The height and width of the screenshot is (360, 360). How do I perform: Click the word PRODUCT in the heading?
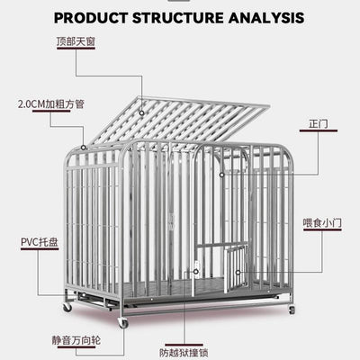pos(91,18)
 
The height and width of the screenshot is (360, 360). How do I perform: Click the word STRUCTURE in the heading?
pos(178,18)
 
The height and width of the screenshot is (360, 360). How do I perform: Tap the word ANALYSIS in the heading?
pos(266,18)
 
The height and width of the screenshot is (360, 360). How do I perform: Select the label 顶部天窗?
pos(76,41)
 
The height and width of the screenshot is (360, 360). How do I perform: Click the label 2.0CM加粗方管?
pos(51,104)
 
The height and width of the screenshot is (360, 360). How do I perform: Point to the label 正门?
pos(319,123)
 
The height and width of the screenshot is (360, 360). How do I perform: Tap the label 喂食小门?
pos(322,223)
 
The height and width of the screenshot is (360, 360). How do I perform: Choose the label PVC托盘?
pos(40,242)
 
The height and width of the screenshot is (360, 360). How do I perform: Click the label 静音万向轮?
pos(76,340)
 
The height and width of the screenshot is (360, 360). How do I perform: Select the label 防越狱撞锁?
pos(184,353)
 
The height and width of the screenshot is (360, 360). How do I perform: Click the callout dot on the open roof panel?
pos(141,113)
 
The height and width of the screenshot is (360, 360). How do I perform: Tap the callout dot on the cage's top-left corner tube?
pos(84,148)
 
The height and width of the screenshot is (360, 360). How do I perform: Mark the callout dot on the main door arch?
pos(221,175)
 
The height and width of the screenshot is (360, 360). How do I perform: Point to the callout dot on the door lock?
pos(196,272)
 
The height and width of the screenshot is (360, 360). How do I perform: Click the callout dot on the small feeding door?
pos(238,273)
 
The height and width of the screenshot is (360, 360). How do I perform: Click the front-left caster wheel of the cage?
pos(122,322)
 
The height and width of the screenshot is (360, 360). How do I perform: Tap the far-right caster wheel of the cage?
pos(292,310)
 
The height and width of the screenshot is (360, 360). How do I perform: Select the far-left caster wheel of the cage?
pos(67,307)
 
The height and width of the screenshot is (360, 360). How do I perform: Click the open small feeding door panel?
pos(236,268)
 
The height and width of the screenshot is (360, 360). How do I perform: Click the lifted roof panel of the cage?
pos(179,120)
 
